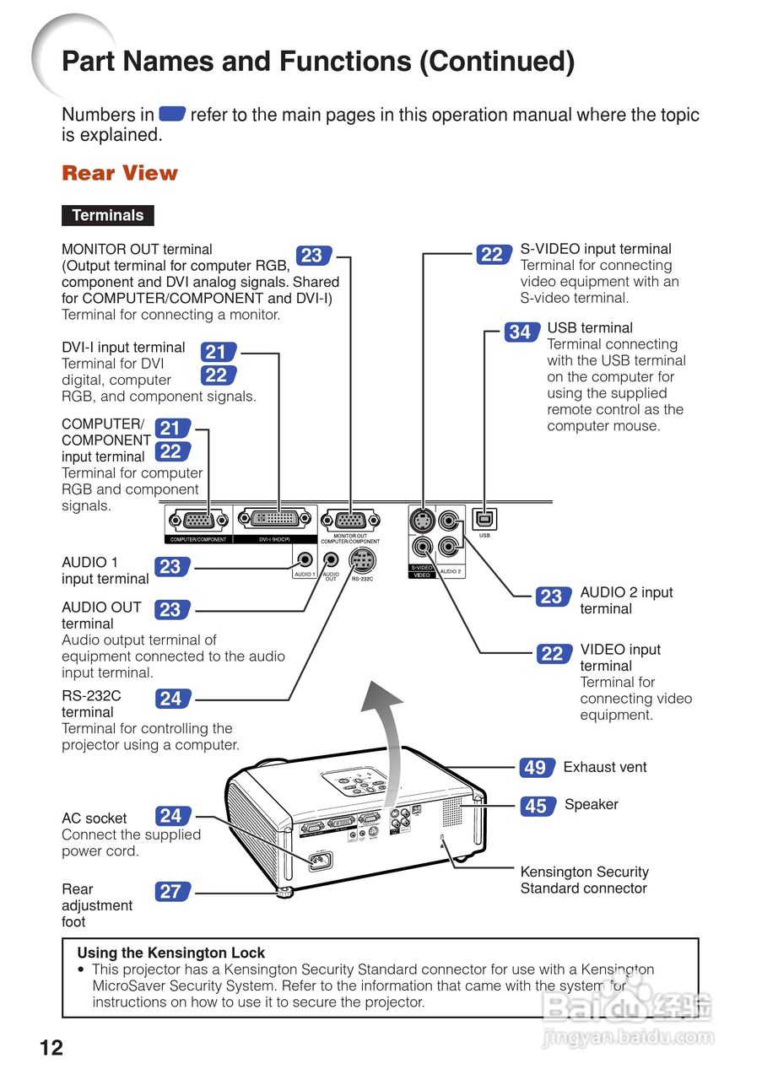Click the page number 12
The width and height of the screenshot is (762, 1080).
pyautogui.click(x=51, y=1048)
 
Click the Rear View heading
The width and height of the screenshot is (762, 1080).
pyautogui.click(x=120, y=173)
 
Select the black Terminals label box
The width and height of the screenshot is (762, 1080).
pyautogui.click(x=108, y=215)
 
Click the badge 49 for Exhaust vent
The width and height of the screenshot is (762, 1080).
pyautogui.click(x=535, y=768)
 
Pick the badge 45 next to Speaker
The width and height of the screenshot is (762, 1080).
pyautogui.click(x=536, y=807)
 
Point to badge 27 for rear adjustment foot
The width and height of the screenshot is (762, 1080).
pyautogui.click(x=170, y=891)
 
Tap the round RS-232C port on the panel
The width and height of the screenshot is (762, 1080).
pyautogui.click(x=362, y=561)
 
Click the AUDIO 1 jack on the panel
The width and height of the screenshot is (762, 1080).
pyautogui.click(x=305, y=559)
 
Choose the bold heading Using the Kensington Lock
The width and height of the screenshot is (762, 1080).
pyautogui.click(x=171, y=953)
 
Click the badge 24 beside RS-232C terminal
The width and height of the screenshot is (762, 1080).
pyautogui.click(x=171, y=699)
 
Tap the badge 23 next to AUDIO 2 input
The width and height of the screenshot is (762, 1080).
pyautogui.click(x=551, y=597)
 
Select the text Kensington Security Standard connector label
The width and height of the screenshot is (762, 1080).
pyautogui.click(x=584, y=880)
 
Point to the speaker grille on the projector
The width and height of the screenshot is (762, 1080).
pyautogui.click(x=453, y=811)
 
